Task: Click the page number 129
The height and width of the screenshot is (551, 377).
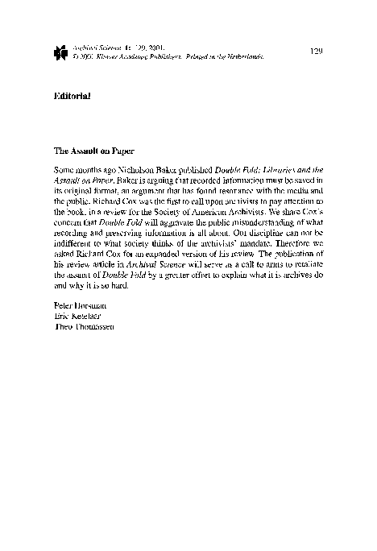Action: [316, 51]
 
